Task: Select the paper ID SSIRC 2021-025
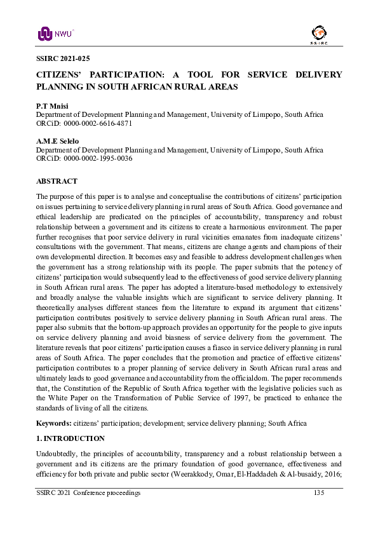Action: coord(64,58)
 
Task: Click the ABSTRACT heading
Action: coord(57,181)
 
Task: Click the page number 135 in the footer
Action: coord(319,494)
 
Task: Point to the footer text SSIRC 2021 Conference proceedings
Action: coord(88,494)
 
